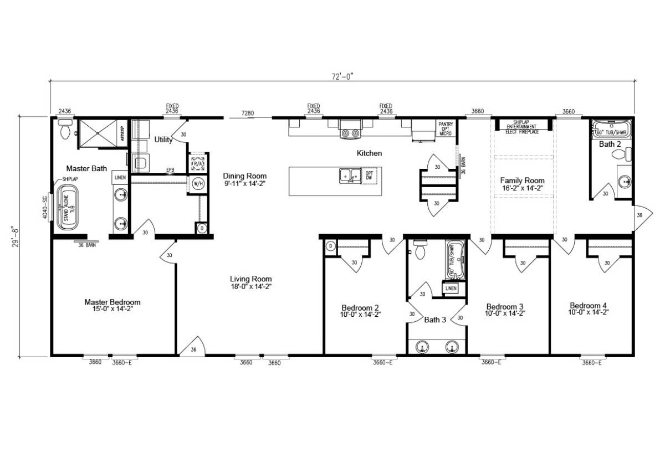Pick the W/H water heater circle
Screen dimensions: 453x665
tap(197, 184)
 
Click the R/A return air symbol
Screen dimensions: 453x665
tap(197, 163)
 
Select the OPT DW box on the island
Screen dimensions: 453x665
tap(370, 175)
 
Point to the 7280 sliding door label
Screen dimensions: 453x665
tap(248, 114)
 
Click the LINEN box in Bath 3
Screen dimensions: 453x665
tap(450, 289)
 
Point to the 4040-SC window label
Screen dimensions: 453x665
tap(45, 207)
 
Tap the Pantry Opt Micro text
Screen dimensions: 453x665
tap(446, 129)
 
